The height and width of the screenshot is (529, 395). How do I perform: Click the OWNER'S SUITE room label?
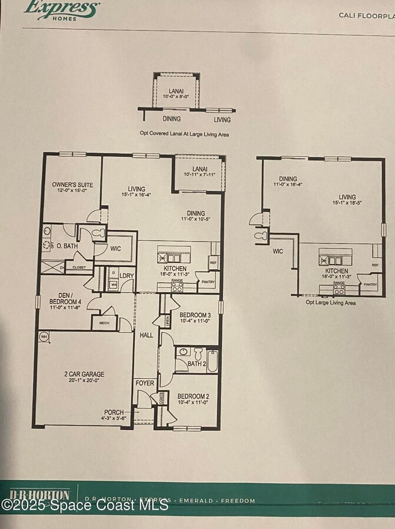pyautogui.click(x=69, y=184)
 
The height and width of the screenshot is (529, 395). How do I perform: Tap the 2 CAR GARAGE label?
pyautogui.click(x=85, y=374)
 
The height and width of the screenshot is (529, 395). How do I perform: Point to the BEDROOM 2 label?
pyautogui.click(x=194, y=396)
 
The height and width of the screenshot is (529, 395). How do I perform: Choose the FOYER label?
pyautogui.click(x=145, y=383)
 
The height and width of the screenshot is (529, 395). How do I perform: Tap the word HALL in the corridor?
pyautogui.click(x=146, y=335)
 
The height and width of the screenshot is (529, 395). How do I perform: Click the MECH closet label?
pyautogui.click(x=104, y=323)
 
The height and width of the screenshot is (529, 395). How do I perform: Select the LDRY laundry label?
pyautogui.click(x=127, y=276)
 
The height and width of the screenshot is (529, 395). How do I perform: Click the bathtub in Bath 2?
pyautogui.click(x=213, y=360)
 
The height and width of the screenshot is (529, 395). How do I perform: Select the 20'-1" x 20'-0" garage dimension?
pyautogui.click(x=85, y=380)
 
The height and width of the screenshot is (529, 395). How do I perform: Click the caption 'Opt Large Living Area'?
pyautogui.click(x=331, y=302)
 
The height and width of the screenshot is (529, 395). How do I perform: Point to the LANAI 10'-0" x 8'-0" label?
pyautogui.click(x=176, y=93)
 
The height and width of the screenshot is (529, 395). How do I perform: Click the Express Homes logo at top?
pyautogui.click(x=61, y=9)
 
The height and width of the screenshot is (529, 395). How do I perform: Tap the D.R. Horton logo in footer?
pyautogui.click(x=39, y=494)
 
